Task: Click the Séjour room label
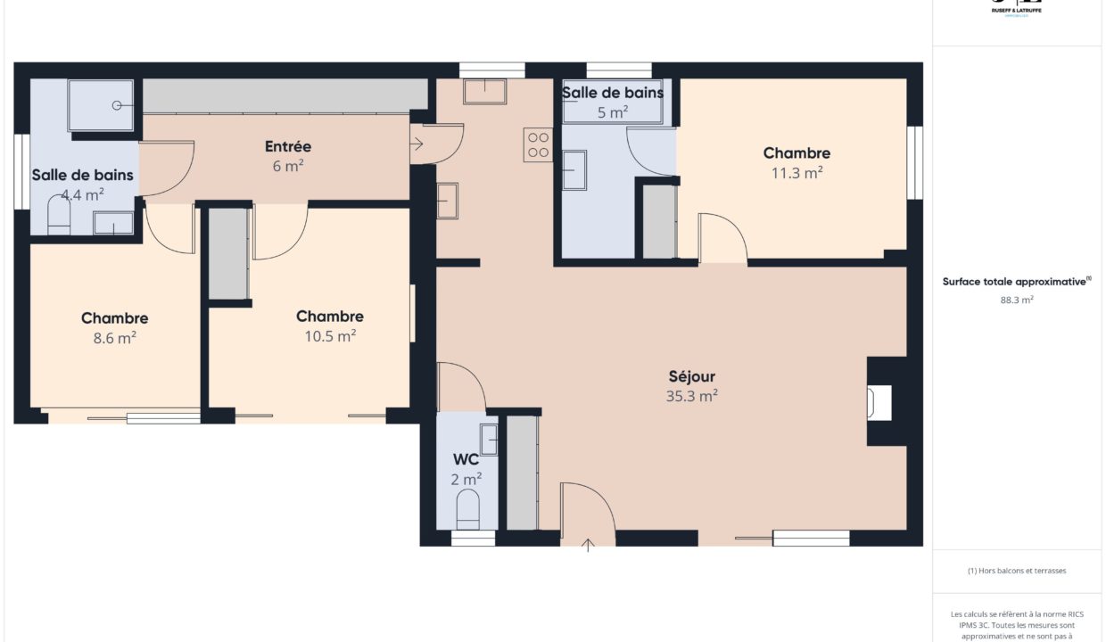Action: [x=692, y=376]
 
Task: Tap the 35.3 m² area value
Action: [x=692, y=397]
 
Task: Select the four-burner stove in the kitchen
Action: [x=538, y=144]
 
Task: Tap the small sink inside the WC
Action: [x=489, y=440]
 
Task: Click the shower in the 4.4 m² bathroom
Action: [x=103, y=105]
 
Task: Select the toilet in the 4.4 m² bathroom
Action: [x=59, y=217]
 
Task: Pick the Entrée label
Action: [x=288, y=146]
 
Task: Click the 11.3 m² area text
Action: [x=796, y=174]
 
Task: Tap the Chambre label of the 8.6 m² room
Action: [x=114, y=318]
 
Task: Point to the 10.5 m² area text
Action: [x=330, y=336]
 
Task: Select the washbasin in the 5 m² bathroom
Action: [x=574, y=170]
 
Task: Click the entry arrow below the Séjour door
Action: [x=588, y=545]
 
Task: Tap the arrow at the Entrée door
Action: [x=417, y=142]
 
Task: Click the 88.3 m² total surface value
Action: [x=1017, y=300]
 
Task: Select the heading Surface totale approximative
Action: [x=1017, y=282]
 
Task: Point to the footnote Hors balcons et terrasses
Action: [x=1017, y=571]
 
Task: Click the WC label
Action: [x=466, y=460]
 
